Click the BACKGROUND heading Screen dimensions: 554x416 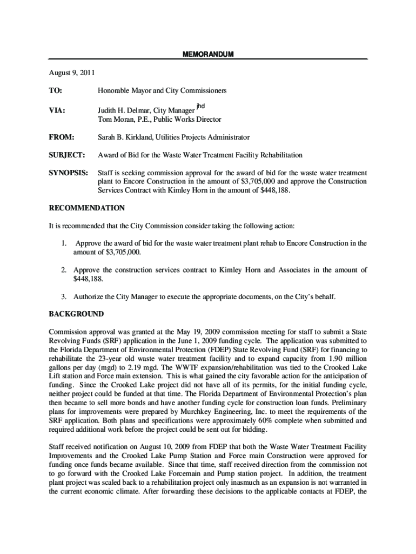[76, 314]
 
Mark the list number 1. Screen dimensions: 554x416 [63, 243]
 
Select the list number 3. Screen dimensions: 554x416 [63, 296]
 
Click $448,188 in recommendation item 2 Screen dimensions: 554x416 [88, 279]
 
